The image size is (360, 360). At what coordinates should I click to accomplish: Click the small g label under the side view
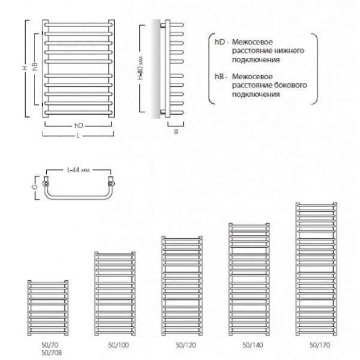[175, 131]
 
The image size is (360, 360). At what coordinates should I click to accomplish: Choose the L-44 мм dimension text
[79, 169]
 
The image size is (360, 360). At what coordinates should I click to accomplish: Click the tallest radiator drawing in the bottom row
[317, 267]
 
